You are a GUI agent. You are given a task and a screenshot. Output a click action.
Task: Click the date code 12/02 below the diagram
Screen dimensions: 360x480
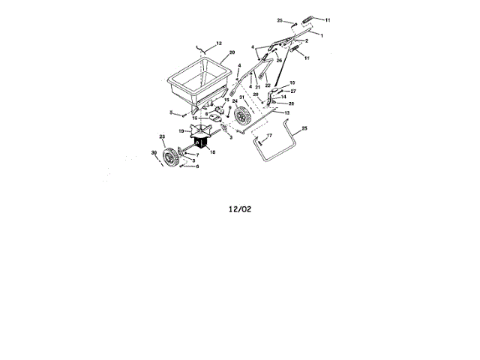tap(240, 209)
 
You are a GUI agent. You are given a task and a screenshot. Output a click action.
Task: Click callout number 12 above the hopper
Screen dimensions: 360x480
tap(219, 43)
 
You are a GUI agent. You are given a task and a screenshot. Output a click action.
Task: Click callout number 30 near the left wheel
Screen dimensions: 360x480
tap(154, 153)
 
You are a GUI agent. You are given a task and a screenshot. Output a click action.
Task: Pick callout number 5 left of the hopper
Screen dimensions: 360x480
tap(171, 112)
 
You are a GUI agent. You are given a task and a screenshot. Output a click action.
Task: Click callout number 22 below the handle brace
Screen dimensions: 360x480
tap(267, 85)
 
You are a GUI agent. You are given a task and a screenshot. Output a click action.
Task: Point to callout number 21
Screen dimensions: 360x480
tap(257, 87)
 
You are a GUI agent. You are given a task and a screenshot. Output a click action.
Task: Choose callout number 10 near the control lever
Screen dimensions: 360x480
tap(292, 82)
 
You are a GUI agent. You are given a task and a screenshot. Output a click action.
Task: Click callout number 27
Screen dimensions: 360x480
tap(294, 91)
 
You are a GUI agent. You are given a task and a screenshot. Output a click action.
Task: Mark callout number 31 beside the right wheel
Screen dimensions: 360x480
tap(241, 97)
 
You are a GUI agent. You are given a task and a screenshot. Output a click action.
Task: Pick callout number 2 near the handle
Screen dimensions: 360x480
tap(307, 40)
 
